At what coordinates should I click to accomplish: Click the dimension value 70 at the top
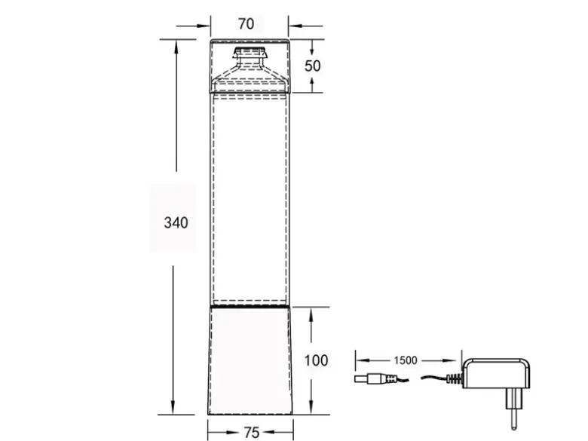[x=246, y=24]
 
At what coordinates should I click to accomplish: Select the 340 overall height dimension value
[x=176, y=222]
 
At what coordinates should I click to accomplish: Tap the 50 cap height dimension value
[x=312, y=66]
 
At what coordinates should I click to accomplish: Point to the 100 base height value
[x=316, y=360]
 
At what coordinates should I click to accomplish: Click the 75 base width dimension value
[x=252, y=433]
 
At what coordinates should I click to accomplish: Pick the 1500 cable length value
[x=406, y=360]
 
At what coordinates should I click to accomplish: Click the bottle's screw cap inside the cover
[x=250, y=53]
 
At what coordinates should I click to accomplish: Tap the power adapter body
[x=496, y=373]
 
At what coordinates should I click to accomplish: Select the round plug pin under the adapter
[x=513, y=419]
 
